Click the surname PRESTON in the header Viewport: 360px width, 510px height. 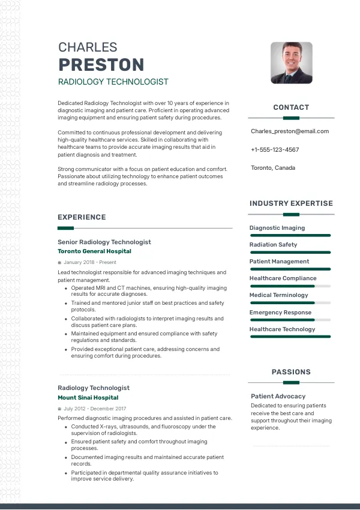pos(101,64)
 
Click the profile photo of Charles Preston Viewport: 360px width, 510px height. pos(292,62)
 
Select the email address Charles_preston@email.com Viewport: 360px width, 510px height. pos(290,131)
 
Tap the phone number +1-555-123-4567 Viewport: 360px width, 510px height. pos(275,149)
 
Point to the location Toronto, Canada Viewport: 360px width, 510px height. pos(273,168)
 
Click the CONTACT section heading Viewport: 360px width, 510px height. pos(291,107)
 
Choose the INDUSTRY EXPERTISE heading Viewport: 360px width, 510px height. pos(291,203)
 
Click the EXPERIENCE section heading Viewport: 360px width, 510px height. pos(82,217)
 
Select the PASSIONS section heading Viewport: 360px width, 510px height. pos(291,372)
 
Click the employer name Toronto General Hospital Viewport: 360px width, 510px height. pos(94,251)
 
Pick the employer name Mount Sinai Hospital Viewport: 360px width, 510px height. pos(88,397)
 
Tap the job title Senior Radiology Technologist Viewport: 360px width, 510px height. pos(104,242)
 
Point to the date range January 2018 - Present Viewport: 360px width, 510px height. pos(90,262)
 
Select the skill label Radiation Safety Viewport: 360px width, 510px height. pos(273,245)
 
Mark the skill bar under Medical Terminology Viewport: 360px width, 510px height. pos(290,303)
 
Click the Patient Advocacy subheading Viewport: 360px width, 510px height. pos(278,396)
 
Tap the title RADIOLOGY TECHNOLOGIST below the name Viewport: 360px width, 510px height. pos(113,82)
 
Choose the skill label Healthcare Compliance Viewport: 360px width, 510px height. pos(283,278)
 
